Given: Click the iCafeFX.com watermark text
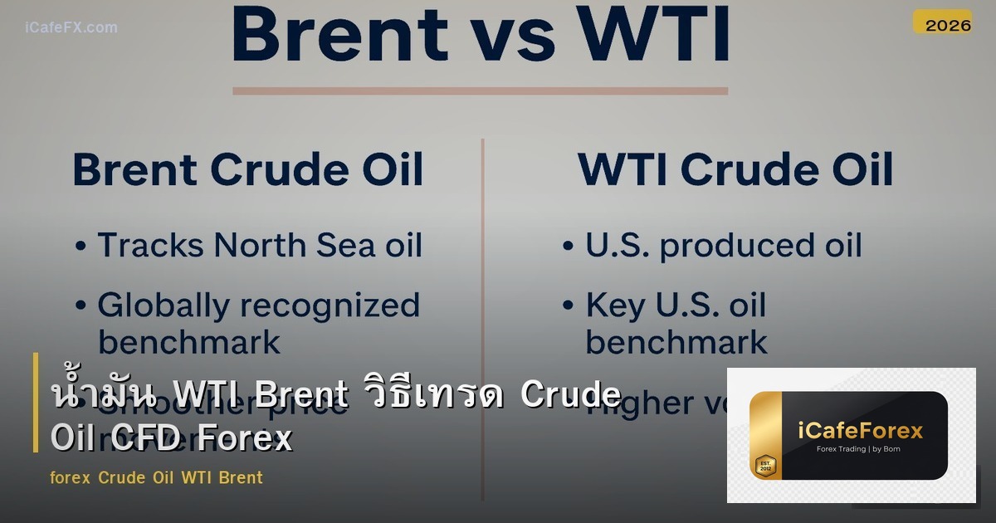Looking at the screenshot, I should (71, 27).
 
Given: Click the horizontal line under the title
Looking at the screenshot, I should (480, 90).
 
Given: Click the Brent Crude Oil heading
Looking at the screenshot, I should (248, 169).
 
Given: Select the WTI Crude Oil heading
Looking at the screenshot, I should (735, 169).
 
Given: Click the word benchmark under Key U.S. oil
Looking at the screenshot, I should (676, 342).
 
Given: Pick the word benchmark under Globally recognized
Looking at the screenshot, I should (189, 342).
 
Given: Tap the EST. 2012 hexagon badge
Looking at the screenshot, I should (764, 465).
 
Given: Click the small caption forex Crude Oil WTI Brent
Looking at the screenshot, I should (156, 477).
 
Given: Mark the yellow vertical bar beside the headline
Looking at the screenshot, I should (36, 403).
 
